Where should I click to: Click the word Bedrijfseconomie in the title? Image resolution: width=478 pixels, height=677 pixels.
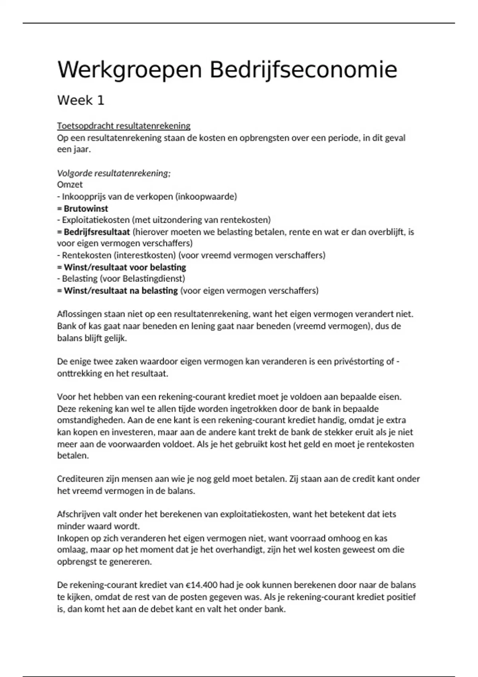(303, 70)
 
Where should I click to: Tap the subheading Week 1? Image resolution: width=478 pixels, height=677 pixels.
(81, 100)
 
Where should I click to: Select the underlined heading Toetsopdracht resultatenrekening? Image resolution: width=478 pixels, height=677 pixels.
(123, 126)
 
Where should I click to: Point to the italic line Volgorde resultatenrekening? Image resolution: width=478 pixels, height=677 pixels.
(114, 173)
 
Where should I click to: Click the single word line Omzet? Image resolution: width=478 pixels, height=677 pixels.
(70, 185)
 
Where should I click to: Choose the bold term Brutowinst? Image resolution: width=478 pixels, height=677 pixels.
(86, 208)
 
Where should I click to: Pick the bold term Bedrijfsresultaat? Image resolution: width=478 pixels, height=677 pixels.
(97, 232)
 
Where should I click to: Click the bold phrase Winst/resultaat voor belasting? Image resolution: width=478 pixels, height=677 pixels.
(125, 267)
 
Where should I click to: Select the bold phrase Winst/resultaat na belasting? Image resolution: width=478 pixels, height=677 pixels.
(121, 291)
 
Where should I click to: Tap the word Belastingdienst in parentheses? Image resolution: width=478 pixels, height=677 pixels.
(154, 279)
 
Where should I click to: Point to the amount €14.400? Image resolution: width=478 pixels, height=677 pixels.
(201, 585)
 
